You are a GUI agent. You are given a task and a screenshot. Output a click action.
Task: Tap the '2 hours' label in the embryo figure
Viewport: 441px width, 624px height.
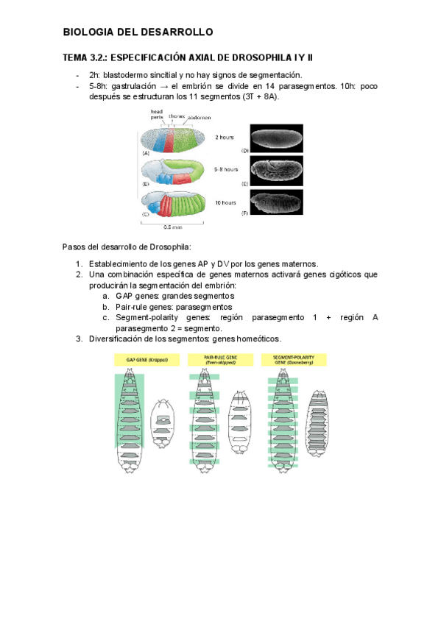click(x=225, y=137)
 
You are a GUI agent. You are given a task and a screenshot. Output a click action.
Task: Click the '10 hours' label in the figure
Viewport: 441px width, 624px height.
click(x=225, y=201)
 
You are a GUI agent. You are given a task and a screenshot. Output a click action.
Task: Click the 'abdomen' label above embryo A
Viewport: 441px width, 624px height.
click(x=199, y=117)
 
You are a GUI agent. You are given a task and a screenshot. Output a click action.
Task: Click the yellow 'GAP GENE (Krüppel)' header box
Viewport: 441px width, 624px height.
click(x=141, y=360)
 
